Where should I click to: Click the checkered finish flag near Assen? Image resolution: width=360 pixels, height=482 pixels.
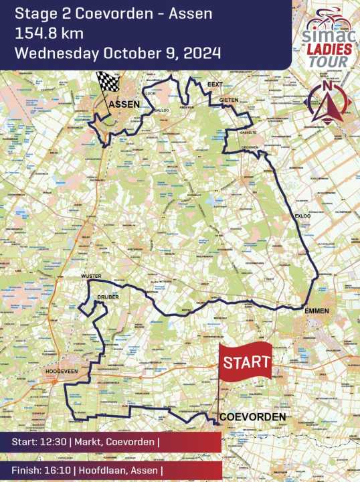point(107,81)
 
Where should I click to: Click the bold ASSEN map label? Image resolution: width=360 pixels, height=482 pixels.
point(124,104)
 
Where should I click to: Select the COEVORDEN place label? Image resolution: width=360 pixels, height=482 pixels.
point(253,416)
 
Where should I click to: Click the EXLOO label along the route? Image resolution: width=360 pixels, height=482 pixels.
point(302,216)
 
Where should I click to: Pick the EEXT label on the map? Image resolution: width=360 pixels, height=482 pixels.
point(214,84)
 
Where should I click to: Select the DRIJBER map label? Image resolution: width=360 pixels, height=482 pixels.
point(109,296)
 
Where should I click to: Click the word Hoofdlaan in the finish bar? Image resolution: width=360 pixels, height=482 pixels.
point(102,469)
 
